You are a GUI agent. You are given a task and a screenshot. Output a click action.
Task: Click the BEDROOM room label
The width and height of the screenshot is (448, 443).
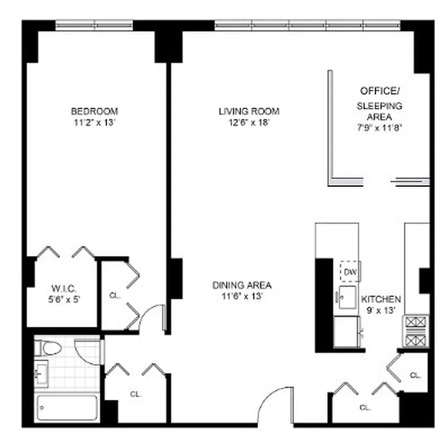[x=94, y=111]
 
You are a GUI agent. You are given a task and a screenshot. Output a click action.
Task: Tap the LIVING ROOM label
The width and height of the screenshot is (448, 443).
[x=249, y=111]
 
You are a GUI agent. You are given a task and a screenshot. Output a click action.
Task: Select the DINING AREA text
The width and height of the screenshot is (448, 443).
[x=242, y=286]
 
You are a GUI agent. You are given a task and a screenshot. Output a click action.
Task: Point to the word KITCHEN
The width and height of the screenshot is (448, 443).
[x=381, y=299]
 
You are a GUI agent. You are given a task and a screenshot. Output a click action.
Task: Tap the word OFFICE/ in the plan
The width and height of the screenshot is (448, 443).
[x=380, y=90]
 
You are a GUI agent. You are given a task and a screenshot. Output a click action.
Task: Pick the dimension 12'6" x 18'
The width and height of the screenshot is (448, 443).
[x=249, y=123]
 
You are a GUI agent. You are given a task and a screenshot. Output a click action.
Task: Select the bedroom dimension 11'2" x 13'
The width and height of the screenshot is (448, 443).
[x=94, y=123]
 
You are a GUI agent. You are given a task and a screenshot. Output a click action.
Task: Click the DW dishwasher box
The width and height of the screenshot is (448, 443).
[x=350, y=271]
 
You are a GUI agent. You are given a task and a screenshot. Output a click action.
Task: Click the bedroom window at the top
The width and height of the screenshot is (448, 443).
[x=94, y=25]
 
